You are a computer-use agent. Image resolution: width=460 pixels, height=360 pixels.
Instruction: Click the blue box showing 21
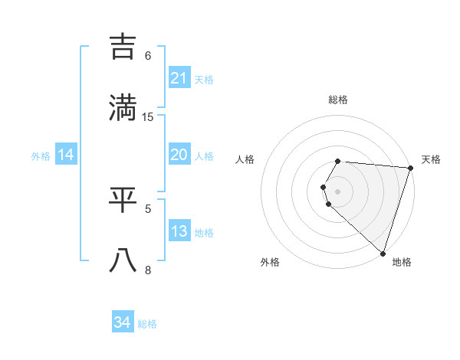(179, 78)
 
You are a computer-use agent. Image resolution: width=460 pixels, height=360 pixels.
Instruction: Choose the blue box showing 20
(179, 155)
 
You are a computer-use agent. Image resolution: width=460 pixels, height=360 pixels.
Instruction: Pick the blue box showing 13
(179, 231)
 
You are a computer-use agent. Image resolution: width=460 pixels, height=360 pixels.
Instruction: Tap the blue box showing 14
(66, 155)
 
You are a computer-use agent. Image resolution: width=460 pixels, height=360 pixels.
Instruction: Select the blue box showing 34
(123, 322)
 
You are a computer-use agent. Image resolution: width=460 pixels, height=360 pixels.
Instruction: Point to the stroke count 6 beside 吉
(148, 55)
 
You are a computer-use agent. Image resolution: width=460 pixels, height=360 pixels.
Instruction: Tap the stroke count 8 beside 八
(148, 269)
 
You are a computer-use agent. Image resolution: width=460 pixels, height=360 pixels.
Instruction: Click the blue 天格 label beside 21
(204, 79)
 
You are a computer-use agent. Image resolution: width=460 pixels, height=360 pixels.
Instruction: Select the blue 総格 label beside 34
(147, 323)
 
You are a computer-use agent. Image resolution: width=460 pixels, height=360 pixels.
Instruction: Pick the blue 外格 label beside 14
(41, 155)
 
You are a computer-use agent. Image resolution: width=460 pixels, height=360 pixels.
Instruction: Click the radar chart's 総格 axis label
(338, 100)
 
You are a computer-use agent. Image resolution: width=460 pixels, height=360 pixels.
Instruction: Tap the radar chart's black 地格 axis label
(402, 262)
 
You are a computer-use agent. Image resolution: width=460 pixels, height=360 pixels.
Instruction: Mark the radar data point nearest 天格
(410, 168)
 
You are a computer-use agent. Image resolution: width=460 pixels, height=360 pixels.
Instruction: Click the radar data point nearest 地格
(383, 253)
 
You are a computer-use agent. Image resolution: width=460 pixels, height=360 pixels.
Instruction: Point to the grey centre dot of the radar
(338, 191)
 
